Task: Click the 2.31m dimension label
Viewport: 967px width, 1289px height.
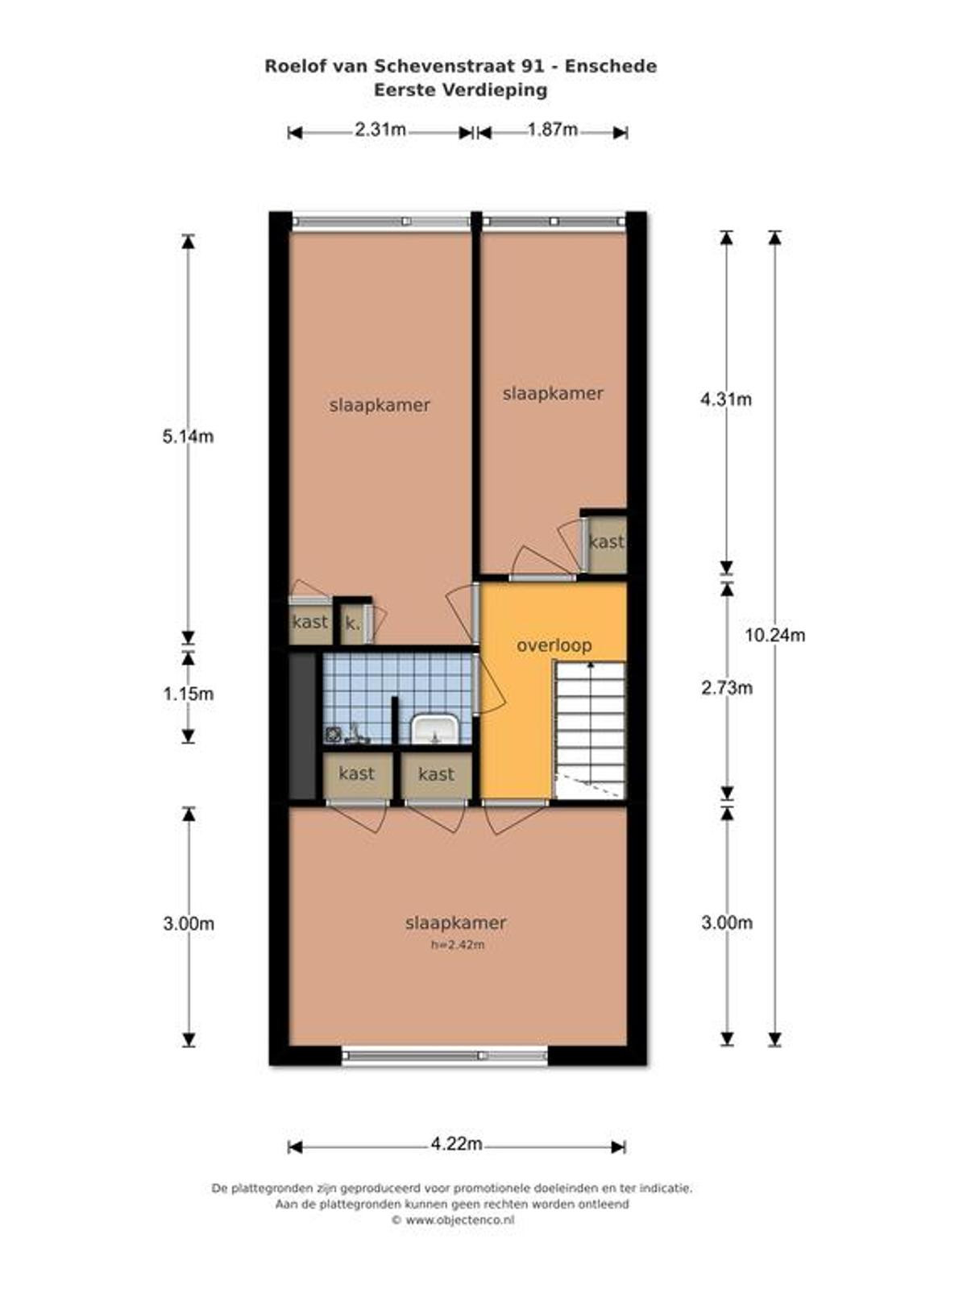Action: [x=380, y=129]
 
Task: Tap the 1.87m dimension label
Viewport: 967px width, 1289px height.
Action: [x=552, y=129]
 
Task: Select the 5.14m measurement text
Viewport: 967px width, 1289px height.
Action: [x=188, y=437]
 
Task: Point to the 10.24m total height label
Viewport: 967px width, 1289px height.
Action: [x=775, y=635]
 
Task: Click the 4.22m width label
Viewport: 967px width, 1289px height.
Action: [x=457, y=1143]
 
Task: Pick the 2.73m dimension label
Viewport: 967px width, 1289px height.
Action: [x=727, y=687]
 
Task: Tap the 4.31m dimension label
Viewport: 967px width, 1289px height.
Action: [x=726, y=400]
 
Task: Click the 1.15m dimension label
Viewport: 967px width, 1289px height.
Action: [x=188, y=694]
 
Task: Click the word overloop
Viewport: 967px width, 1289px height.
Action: [x=554, y=645]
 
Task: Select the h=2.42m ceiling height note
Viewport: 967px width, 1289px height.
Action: [x=458, y=945]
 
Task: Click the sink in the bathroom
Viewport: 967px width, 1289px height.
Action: [x=434, y=728]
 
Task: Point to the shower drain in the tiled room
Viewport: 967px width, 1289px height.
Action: [x=333, y=734]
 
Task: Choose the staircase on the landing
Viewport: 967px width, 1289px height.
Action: [x=590, y=730]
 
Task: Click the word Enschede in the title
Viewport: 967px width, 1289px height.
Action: [x=611, y=66]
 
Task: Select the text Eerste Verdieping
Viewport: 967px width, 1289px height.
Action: [x=460, y=90]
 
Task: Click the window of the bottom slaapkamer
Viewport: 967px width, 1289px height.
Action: [x=445, y=1055]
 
